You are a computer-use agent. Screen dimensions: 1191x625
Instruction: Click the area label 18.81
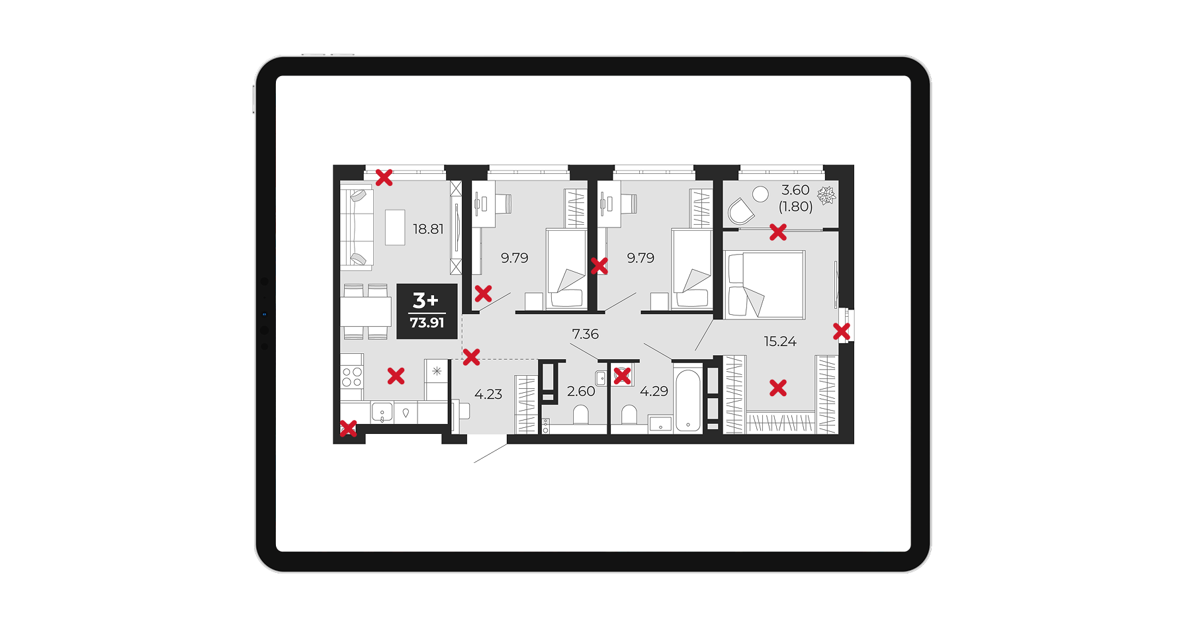[x=428, y=229]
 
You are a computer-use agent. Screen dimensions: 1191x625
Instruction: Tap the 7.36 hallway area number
[x=585, y=334]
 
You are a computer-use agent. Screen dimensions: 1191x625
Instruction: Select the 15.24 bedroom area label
[x=780, y=341]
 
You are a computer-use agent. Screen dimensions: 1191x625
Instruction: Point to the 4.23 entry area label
[x=488, y=394]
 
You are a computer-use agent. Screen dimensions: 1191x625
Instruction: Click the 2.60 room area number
[x=581, y=391]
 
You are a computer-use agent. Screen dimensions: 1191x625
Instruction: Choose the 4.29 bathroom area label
[x=654, y=391]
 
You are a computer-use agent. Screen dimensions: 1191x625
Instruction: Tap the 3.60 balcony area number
[x=795, y=190]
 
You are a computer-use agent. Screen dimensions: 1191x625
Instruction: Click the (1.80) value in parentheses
[x=795, y=206]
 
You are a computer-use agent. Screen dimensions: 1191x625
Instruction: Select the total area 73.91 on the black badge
[x=427, y=323]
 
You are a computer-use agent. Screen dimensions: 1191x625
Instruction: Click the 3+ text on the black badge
[x=425, y=300]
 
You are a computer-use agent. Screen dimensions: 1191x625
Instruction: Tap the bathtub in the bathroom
[x=688, y=400]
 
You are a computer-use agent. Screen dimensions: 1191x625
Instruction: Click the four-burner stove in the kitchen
[x=352, y=377]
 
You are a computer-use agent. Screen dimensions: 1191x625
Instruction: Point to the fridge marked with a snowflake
[x=437, y=380]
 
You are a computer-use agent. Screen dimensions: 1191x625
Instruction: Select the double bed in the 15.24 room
[x=765, y=284]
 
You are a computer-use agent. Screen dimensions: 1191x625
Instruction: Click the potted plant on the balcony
[x=826, y=195]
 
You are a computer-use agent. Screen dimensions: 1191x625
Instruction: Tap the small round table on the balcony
[x=760, y=194]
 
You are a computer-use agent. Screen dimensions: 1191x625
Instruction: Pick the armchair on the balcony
[x=740, y=212]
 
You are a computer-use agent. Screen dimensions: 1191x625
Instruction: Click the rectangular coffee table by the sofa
[x=395, y=227]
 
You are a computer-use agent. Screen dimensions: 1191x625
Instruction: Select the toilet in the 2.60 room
[x=581, y=415]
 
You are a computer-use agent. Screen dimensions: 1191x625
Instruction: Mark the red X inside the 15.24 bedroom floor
[x=778, y=388]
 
